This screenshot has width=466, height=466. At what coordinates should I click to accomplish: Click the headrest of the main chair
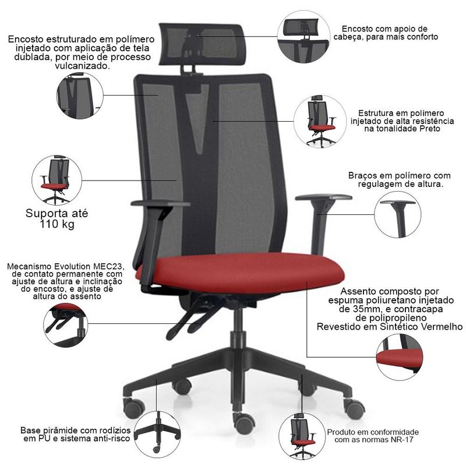pyautogui.click(x=202, y=44)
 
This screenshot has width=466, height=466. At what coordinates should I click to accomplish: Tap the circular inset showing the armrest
pyautogui.click(x=397, y=214)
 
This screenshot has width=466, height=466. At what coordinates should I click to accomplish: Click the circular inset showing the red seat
pyautogui.click(x=399, y=357)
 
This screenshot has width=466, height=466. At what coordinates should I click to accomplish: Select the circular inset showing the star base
pyautogui.click(x=157, y=434)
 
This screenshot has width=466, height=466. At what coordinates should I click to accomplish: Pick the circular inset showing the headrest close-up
pyautogui.click(x=303, y=37)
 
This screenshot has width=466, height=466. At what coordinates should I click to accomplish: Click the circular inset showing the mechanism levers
pyautogui.click(x=66, y=325)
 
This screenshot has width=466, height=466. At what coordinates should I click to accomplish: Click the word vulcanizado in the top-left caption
pyautogui.click(x=82, y=66)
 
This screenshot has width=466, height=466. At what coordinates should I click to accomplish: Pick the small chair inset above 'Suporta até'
pyautogui.click(x=57, y=180)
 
